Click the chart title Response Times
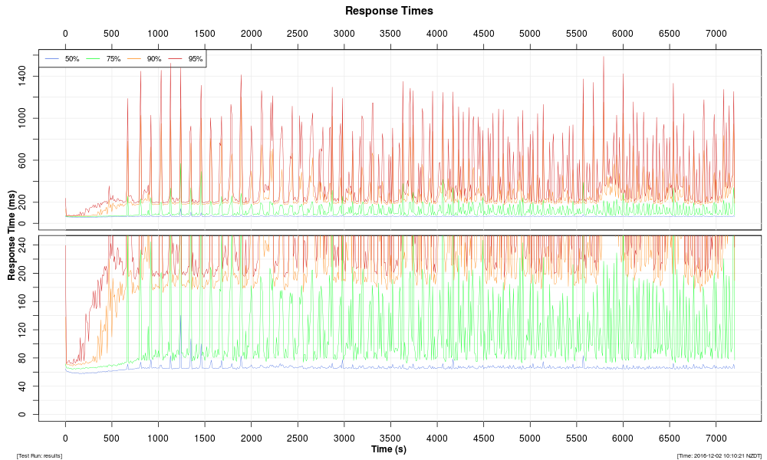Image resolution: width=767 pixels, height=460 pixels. tap(389, 11)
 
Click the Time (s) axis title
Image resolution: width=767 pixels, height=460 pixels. tap(389, 449)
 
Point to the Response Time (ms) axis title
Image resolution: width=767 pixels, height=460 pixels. tap(12, 235)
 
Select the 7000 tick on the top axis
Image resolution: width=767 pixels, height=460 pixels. tap(716, 34)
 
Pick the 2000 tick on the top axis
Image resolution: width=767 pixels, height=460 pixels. tap(251, 34)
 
